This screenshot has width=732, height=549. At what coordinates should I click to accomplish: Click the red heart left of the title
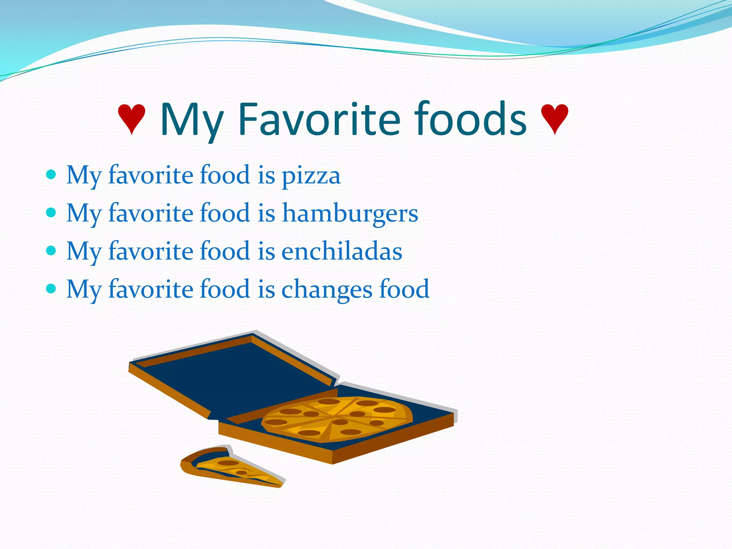tap(132, 118)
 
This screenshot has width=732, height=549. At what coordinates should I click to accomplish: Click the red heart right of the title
tap(554, 118)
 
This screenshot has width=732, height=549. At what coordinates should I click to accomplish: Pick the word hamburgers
tap(350, 213)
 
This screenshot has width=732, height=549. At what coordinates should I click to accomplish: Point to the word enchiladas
tap(342, 251)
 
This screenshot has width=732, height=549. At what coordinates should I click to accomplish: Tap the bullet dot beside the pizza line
tap(51, 175)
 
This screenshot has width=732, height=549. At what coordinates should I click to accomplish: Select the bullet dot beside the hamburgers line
tap(51, 213)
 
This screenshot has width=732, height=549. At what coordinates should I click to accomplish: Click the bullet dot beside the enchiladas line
tap(51, 251)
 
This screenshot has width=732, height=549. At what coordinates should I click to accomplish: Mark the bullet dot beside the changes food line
tap(51, 289)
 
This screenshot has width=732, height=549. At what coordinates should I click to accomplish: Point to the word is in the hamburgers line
tap(266, 213)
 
